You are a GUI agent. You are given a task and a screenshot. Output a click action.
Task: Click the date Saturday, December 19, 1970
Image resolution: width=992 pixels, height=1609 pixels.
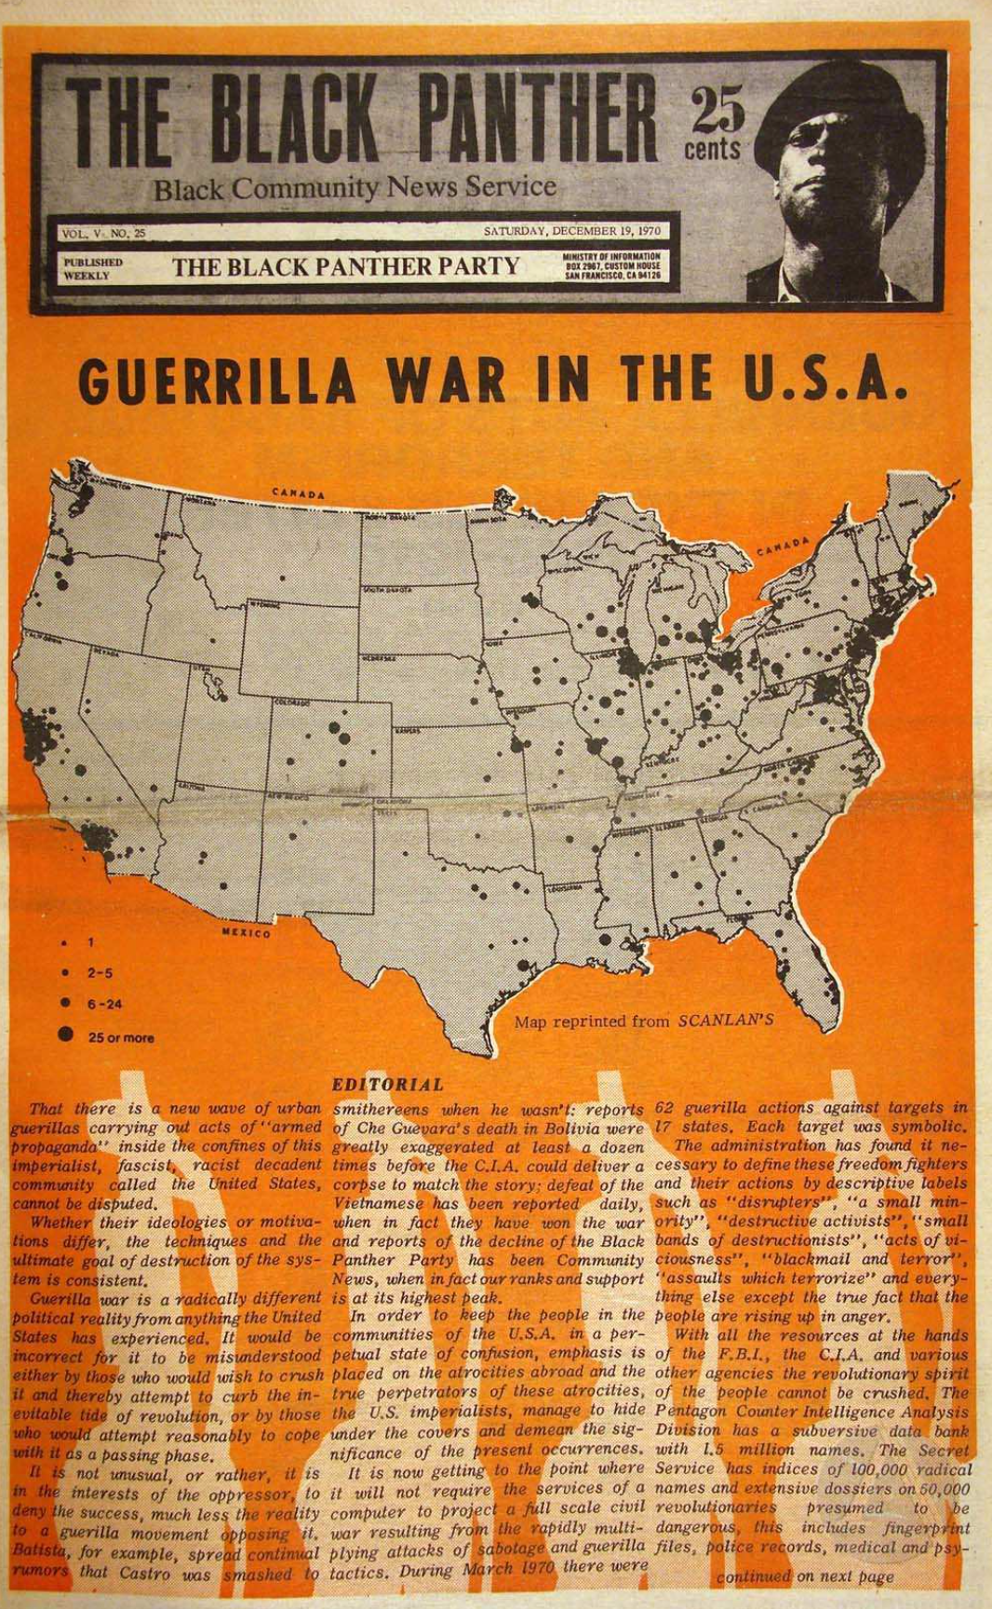[x=571, y=230]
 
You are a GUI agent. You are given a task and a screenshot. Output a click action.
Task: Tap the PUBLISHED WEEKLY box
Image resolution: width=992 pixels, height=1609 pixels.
[x=93, y=269]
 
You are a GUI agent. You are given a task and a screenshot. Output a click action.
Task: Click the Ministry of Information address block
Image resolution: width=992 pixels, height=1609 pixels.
[x=611, y=266]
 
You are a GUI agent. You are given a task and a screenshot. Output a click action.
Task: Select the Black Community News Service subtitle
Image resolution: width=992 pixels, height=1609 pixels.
[x=355, y=188]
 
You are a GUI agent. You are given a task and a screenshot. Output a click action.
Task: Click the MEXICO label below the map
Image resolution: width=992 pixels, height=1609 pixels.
[x=246, y=932]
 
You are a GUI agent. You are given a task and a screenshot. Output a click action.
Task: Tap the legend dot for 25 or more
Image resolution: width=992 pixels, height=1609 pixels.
[x=66, y=1034]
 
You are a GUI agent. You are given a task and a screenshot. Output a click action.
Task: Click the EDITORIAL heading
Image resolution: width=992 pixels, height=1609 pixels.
[x=387, y=1085]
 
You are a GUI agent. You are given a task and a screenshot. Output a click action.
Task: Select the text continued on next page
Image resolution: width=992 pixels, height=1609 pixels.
[x=804, y=1576]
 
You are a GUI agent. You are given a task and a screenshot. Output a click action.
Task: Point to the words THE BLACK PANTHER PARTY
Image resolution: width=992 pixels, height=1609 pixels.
[x=345, y=267]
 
